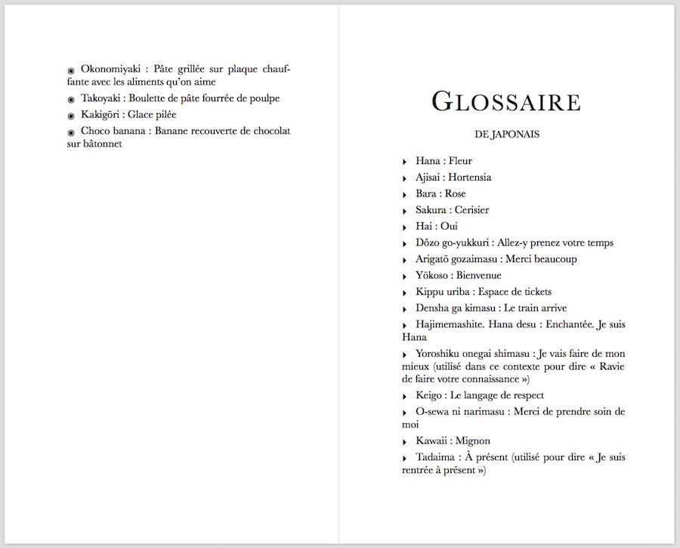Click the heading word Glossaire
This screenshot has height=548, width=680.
505,101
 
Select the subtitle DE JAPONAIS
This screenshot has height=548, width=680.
506,135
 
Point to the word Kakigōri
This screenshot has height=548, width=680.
101,115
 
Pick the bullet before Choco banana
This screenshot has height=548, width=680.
71,132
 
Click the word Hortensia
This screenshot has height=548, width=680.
469,177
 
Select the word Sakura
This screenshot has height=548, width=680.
431,210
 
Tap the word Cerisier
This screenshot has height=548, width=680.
471,210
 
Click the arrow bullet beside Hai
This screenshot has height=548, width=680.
405,227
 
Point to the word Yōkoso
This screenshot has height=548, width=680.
432,276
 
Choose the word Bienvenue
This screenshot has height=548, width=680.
478,276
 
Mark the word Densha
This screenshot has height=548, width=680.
431,308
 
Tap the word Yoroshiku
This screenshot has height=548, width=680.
438,354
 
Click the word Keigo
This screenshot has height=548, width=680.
428,395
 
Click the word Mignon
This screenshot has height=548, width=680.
473,441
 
